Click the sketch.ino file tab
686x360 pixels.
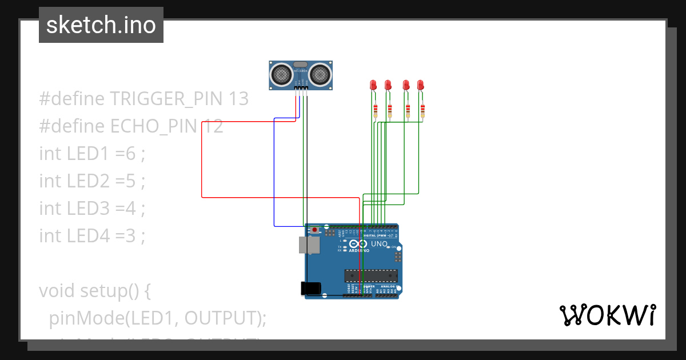click(x=101, y=25)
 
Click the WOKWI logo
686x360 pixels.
click(x=607, y=315)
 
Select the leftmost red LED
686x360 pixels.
click(x=373, y=85)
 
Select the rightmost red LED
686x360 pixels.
click(x=421, y=85)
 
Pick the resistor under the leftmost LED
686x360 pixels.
click(x=376, y=110)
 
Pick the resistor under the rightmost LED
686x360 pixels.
click(x=423, y=110)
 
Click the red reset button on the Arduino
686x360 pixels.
click(x=315, y=230)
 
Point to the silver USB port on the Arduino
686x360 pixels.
click(x=309, y=245)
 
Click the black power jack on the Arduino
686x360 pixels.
click(x=310, y=289)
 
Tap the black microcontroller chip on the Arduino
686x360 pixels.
click(x=370, y=275)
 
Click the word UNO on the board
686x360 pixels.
click(x=380, y=244)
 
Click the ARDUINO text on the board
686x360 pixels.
click(x=359, y=250)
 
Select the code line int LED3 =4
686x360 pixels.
click(x=92, y=208)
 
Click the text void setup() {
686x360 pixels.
click(x=95, y=291)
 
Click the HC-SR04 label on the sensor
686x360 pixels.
click(x=301, y=70)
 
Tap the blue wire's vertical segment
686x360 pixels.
click(x=274, y=171)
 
